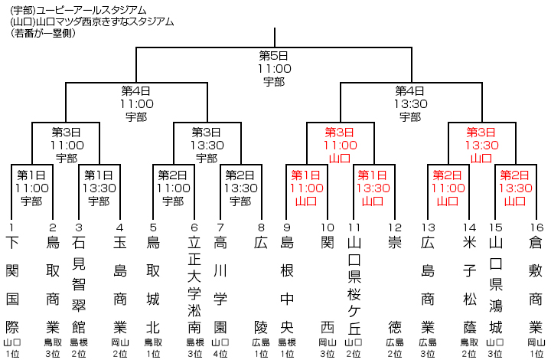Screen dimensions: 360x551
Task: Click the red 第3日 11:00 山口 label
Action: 341,145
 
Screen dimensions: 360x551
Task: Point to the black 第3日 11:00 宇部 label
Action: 67,145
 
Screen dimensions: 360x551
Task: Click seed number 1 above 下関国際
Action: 11,227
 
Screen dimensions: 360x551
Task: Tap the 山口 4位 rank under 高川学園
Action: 220,349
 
